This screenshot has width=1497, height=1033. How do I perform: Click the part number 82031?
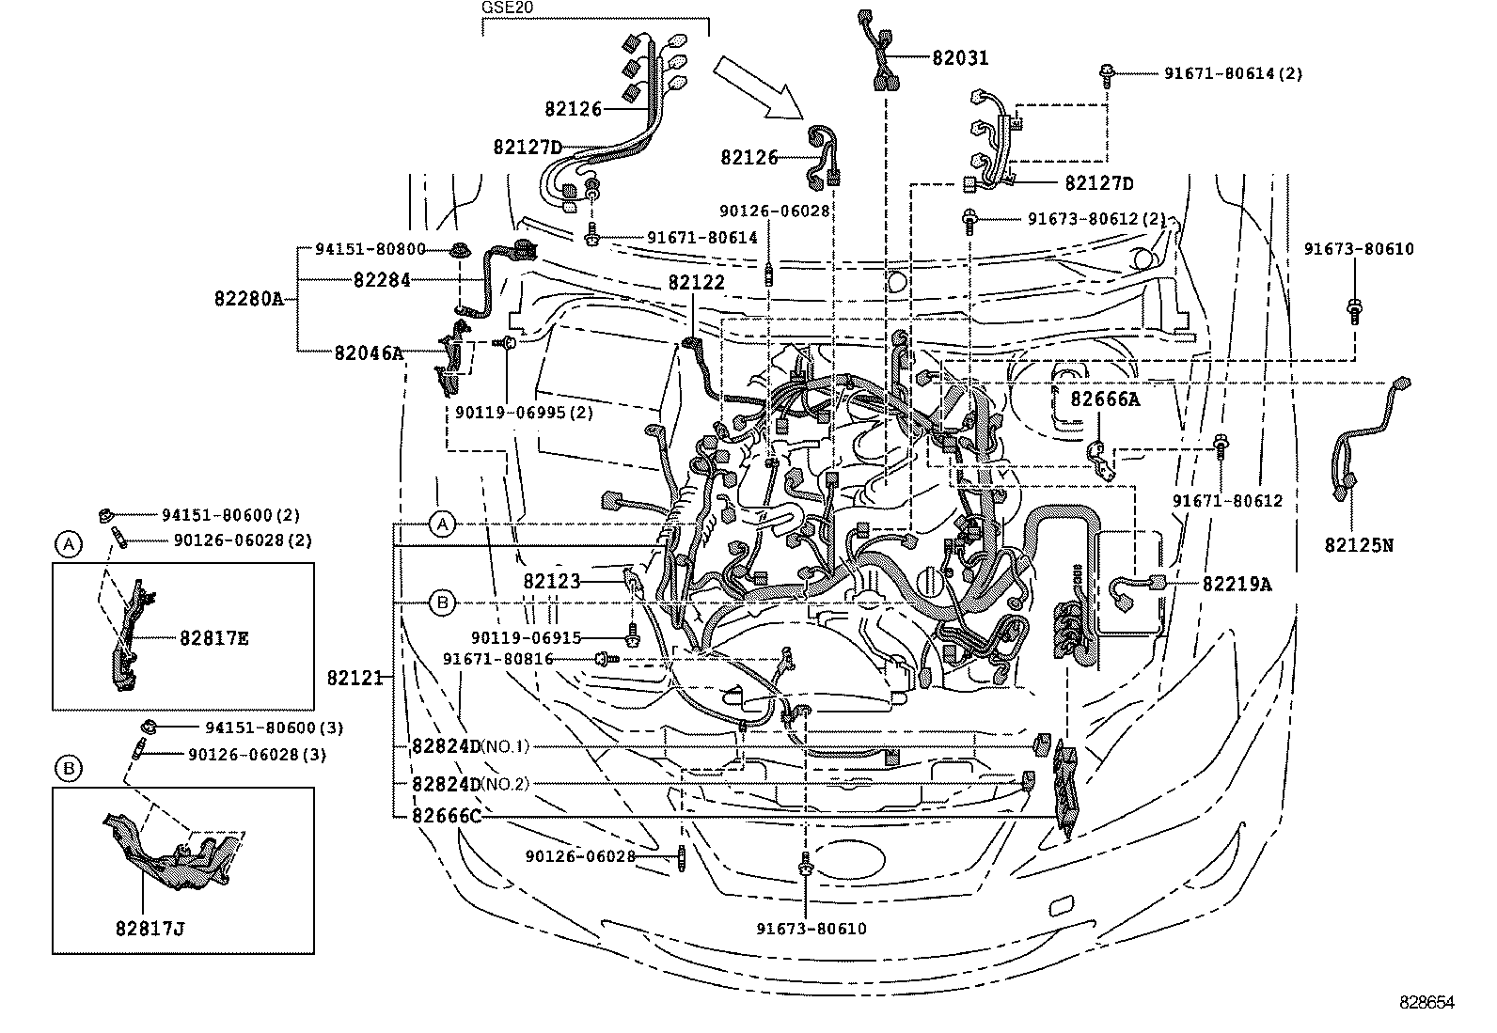tap(960, 58)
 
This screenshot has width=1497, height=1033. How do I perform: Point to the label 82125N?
tap(1358, 544)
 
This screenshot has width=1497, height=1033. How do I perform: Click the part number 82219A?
tap(1237, 584)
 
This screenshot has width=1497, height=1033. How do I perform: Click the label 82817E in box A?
tap(214, 638)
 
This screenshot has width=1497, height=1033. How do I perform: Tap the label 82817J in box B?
tap(150, 929)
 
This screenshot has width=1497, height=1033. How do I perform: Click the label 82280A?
tap(248, 299)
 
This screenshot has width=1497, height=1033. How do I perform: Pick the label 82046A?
tap(368, 353)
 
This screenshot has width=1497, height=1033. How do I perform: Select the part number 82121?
tap(355, 677)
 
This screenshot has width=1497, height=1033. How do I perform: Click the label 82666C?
tap(446, 816)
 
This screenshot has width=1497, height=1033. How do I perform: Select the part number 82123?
tap(552, 582)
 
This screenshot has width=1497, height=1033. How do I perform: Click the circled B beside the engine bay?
tap(442, 602)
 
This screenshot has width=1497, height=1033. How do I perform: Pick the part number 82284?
tap(382, 280)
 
